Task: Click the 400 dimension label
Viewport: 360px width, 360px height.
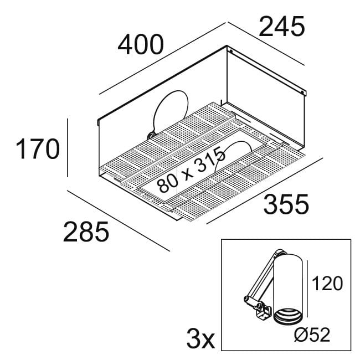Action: [x=141, y=45]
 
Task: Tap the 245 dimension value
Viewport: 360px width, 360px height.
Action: [x=282, y=27]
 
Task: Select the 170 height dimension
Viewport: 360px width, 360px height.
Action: [x=38, y=148]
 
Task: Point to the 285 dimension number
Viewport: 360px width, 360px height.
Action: [x=86, y=232]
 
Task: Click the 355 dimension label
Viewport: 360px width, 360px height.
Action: [x=286, y=204]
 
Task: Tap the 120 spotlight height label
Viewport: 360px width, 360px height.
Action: [x=327, y=284]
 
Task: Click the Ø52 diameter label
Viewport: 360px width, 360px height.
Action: [x=312, y=335]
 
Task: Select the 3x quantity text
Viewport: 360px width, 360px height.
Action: [x=200, y=338]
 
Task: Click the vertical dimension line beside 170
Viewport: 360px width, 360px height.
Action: [x=67, y=148]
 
